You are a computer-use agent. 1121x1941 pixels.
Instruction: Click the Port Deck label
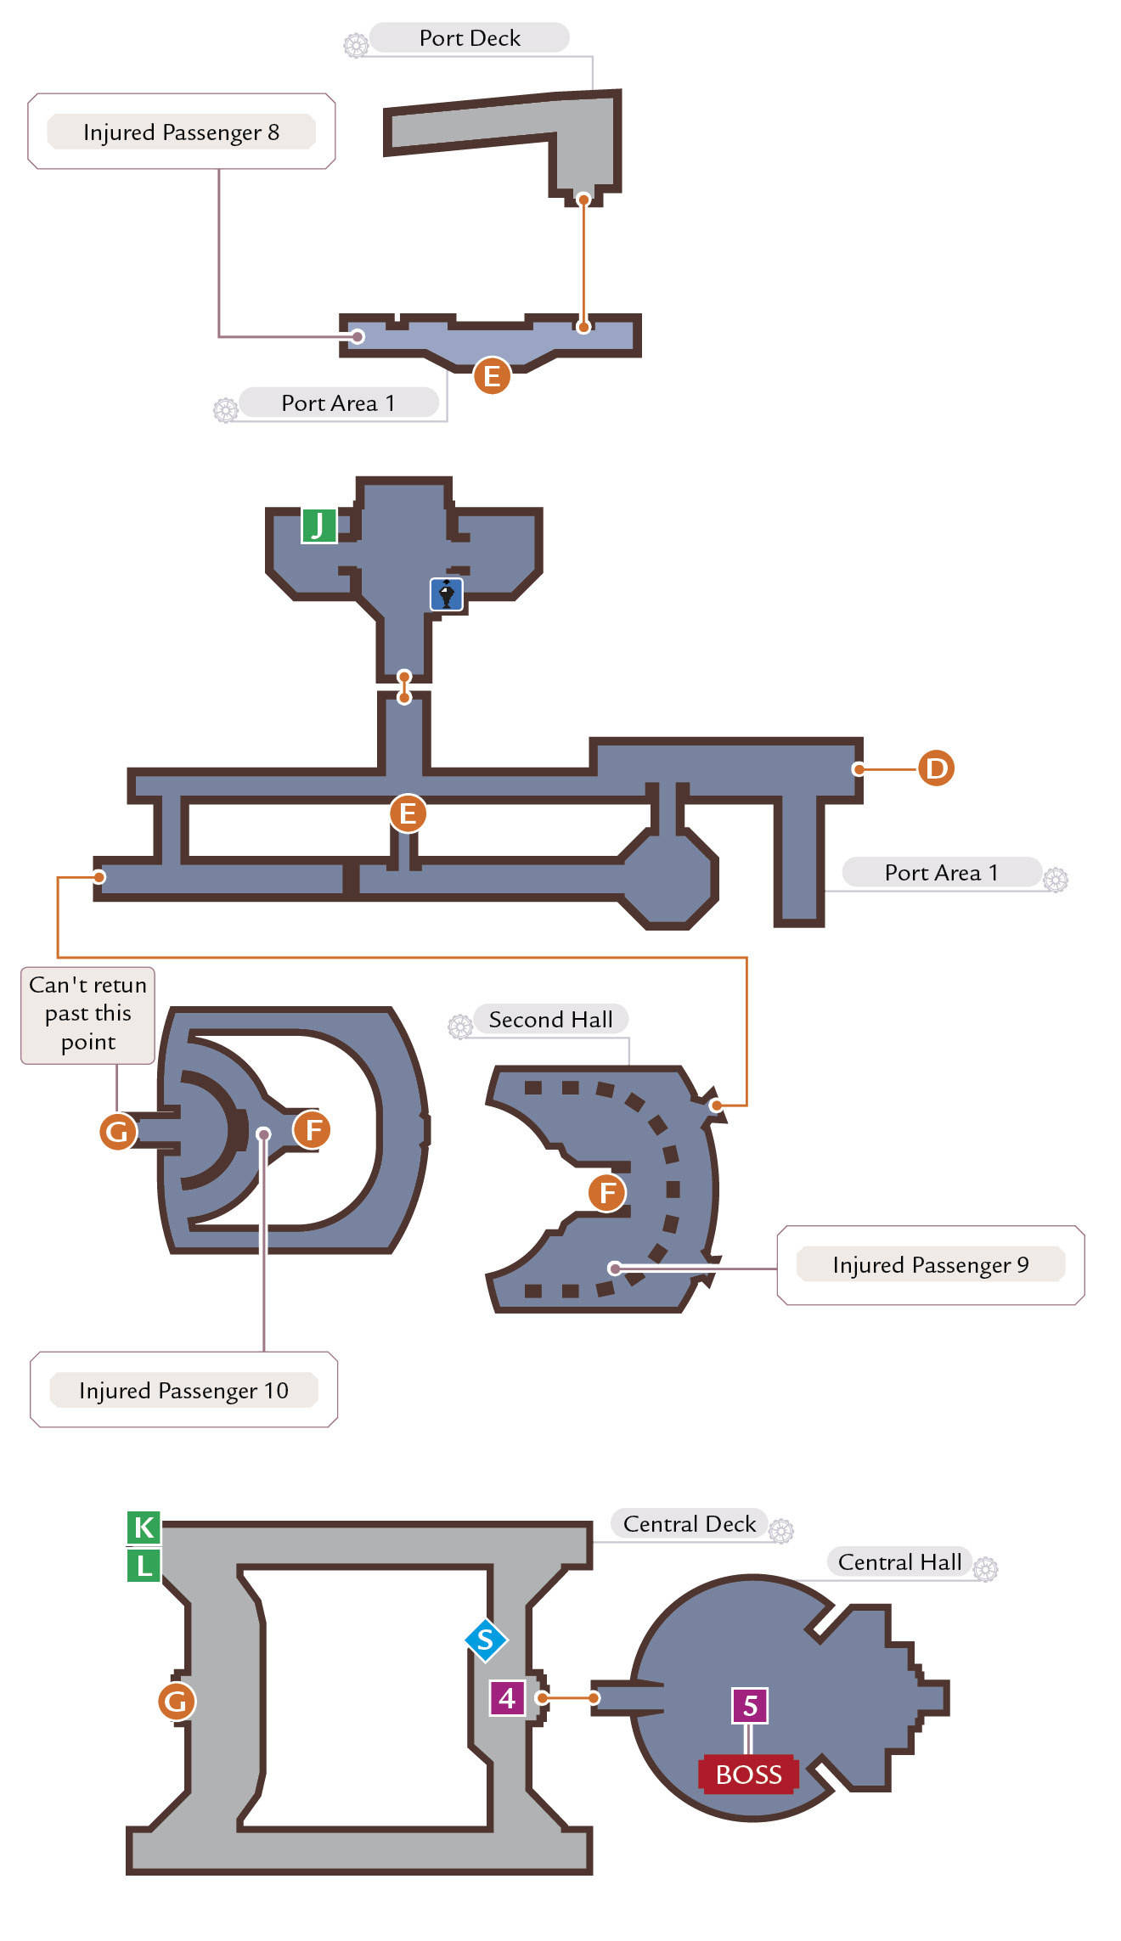pos(470,38)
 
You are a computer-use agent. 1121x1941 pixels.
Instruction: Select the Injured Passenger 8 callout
pos(182,132)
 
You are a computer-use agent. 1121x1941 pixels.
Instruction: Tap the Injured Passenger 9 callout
pos(931,1265)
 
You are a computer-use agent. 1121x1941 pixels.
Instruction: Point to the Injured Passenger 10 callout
pos(183,1390)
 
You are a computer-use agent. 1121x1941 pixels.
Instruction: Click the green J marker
pos(319,526)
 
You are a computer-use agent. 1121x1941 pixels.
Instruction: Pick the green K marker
pos(144,1527)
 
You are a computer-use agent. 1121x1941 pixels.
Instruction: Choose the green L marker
pos(144,1565)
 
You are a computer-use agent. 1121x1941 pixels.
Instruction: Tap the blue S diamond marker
pos(487,1640)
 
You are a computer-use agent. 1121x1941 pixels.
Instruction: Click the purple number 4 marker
pos(508,1698)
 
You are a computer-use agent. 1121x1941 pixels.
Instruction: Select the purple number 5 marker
pos(750,1706)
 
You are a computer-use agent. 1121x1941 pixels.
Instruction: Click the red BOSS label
pos(748,1775)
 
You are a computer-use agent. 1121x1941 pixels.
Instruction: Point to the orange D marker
pos(936,768)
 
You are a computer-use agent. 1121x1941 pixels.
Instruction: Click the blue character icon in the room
pos(447,594)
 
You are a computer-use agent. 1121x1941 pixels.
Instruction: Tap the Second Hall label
pos(550,1019)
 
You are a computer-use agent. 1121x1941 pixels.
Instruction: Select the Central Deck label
pos(690,1524)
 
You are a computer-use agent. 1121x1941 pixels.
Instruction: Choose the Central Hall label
pos(900,1562)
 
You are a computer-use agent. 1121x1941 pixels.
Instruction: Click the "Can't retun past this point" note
pos(87,1015)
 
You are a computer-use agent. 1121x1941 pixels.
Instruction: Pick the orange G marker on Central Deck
pos(177,1702)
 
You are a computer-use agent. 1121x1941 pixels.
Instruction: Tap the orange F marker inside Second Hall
pos(607,1193)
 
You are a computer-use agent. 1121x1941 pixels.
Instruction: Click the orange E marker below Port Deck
pos(492,376)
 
